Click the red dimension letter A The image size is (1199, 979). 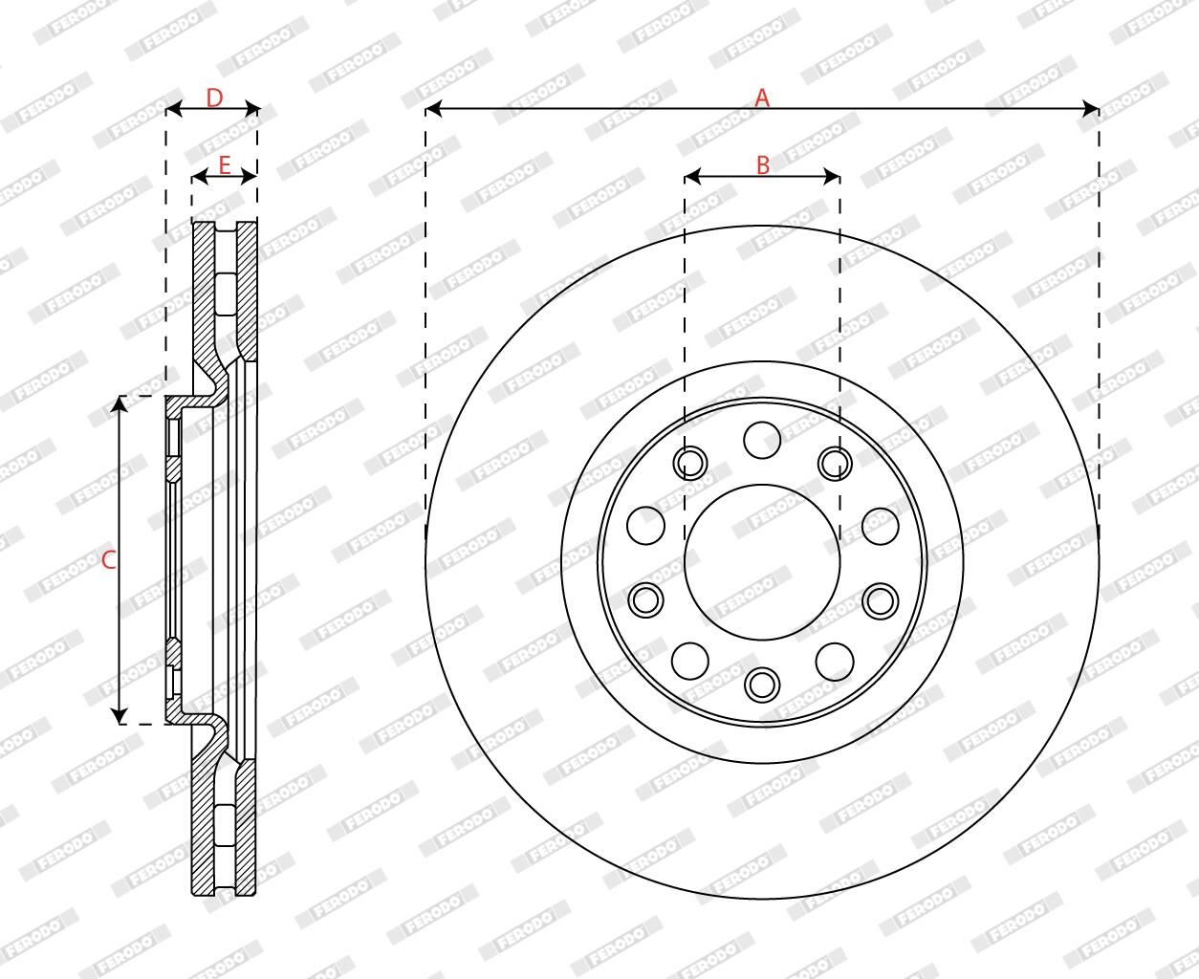(762, 98)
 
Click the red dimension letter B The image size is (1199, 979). (763, 164)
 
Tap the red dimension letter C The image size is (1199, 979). (108, 560)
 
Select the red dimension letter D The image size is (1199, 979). (214, 98)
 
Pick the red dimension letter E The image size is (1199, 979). (225, 164)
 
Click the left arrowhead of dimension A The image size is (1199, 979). (434, 108)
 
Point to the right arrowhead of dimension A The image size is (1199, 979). (1090, 108)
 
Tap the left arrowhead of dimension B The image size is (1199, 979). (692, 177)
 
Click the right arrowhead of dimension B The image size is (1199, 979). (832, 177)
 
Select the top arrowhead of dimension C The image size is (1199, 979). (119, 403)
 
